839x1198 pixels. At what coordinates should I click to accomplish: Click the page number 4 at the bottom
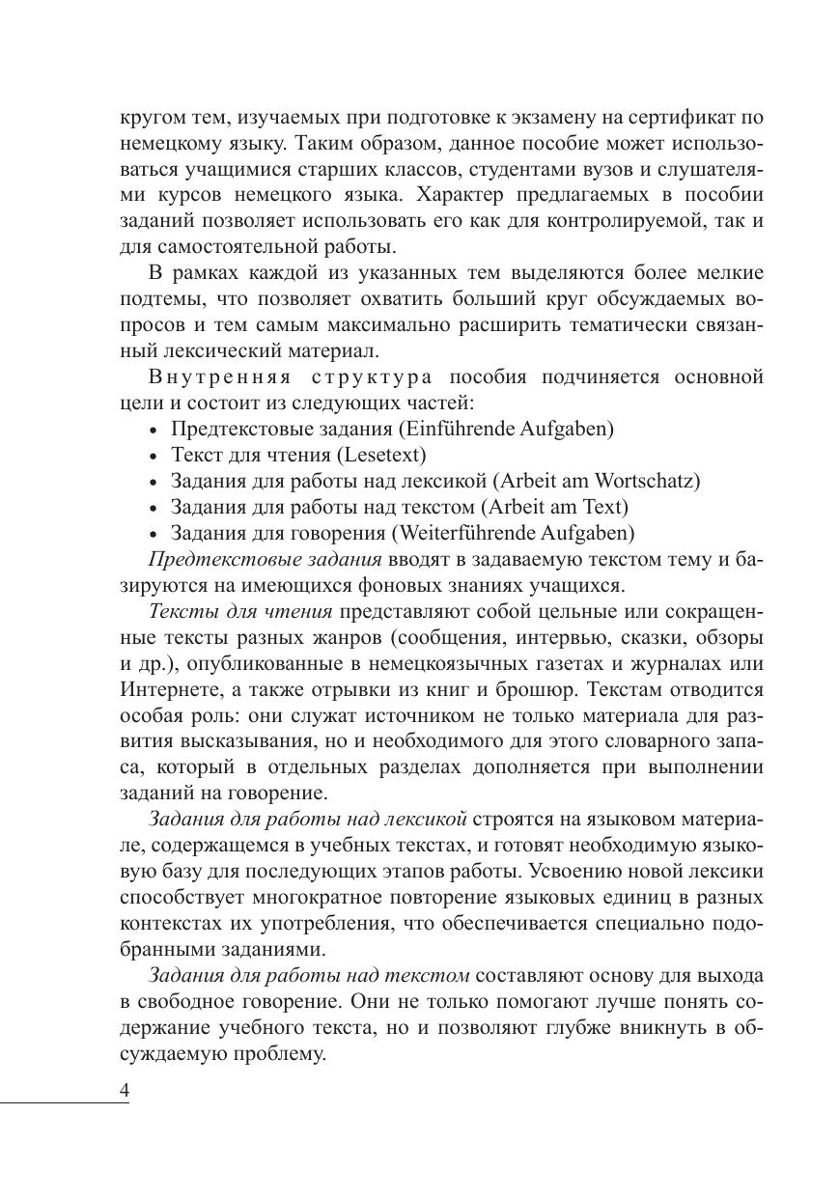click(x=125, y=1089)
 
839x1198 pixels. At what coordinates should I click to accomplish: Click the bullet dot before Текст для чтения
click(x=155, y=455)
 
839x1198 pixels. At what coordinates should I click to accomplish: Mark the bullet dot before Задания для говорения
click(x=155, y=533)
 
